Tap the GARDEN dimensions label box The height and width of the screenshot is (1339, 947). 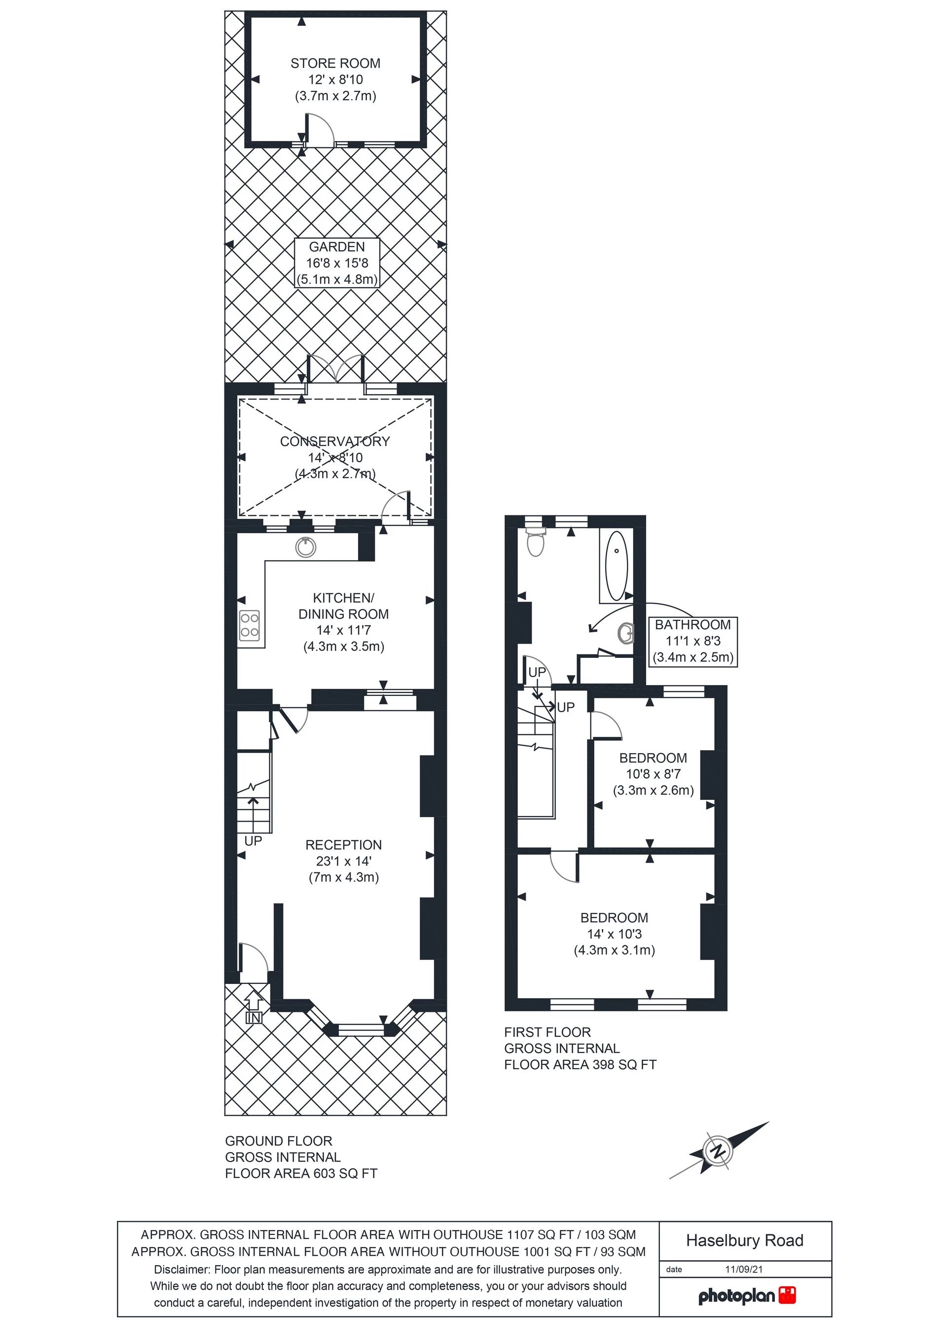337,263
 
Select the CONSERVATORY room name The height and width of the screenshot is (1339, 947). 335,441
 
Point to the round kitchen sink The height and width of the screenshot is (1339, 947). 306,547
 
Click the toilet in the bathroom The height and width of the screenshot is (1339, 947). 535,541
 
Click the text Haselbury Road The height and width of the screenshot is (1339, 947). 745,1240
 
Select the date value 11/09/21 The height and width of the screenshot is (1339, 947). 744,1269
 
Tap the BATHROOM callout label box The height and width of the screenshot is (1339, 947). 693,642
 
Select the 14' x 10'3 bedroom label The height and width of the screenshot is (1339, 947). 614,934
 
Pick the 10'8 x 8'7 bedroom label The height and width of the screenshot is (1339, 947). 653,774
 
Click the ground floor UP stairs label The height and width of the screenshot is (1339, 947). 253,841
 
